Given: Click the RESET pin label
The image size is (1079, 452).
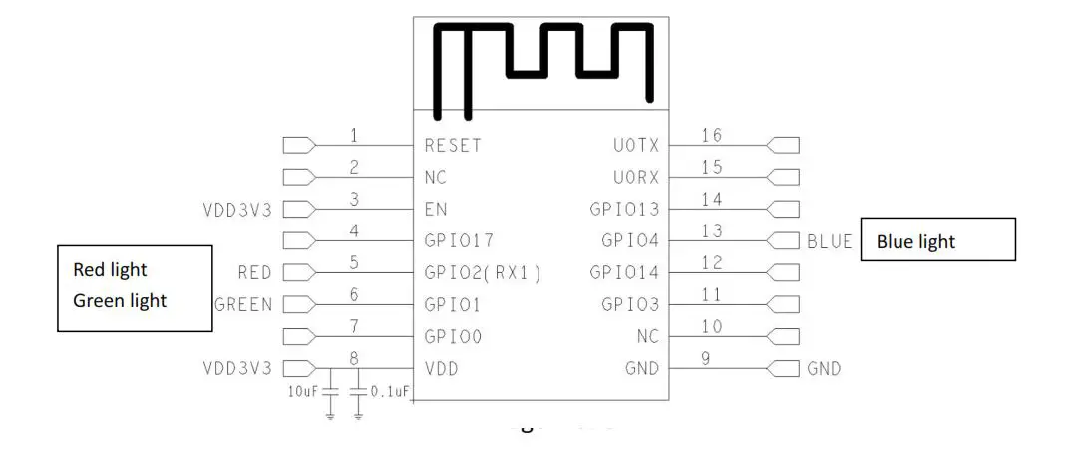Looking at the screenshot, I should [452, 145].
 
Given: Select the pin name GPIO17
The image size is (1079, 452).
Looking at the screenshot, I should [459, 240].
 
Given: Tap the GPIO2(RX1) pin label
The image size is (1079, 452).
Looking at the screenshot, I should [483, 272].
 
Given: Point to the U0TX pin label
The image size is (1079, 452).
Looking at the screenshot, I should [636, 145].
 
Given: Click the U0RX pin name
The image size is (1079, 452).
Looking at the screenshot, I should [636, 177].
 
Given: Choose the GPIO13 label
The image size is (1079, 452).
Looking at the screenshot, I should [624, 209].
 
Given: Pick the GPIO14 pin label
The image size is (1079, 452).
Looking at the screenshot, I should [624, 272].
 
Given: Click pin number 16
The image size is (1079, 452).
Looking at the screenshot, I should [712, 136].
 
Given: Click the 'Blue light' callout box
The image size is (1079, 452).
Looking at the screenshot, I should [937, 239].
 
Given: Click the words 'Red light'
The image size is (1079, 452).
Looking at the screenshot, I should [110, 269].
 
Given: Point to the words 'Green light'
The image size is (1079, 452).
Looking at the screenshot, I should [120, 299].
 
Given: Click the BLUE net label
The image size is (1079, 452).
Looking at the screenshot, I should [830, 241].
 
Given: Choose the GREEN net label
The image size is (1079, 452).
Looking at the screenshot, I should [243, 304].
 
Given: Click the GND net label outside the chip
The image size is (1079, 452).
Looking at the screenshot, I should [824, 369].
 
